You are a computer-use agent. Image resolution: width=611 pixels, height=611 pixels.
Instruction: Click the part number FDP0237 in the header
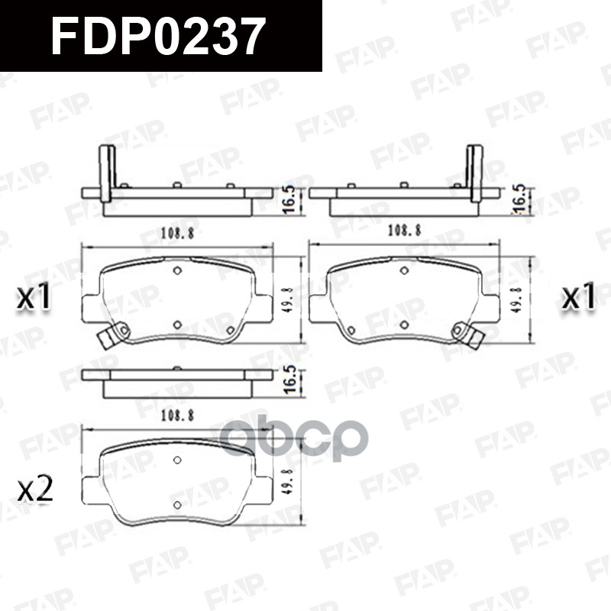[x=158, y=36]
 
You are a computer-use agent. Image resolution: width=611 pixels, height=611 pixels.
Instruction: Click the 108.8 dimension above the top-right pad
[x=406, y=229]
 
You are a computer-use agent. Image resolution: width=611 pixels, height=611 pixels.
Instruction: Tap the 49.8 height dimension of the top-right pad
[x=516, y=300]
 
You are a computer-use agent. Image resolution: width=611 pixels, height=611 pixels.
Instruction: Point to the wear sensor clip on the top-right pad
[x=466, y=334]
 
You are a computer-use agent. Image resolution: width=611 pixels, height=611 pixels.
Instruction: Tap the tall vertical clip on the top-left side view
[x=107, y=173]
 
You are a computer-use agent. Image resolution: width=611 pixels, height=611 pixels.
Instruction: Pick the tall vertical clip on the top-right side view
[x=475, y=173]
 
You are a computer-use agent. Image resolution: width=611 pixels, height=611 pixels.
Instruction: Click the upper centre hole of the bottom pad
[x=177, y=460]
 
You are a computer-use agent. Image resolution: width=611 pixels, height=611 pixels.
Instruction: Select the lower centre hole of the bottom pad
[x=177, y=505]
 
